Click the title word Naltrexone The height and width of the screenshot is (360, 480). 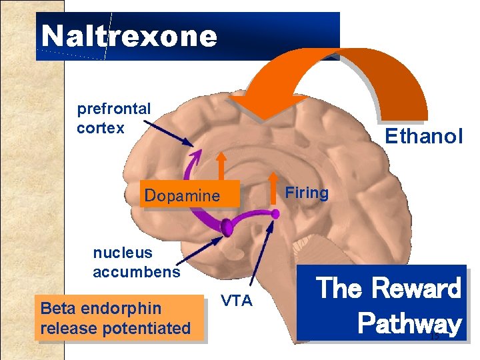tap(129, 36)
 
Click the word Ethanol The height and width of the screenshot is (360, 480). tap(423, 137)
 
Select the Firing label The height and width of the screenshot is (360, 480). tap(307, 193)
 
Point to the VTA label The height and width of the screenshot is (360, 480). tap(237, 301)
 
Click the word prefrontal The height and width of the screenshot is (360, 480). tap(114, 108)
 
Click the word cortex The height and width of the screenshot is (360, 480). tap(101, 127)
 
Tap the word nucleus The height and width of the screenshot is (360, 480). tap(123, 253)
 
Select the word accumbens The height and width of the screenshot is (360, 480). tap(136, 271)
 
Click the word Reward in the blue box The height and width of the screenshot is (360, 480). tap(415, 288)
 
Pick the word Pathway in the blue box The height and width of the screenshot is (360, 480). tap(409, 323)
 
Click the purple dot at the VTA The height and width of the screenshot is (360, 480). tap(275, 213)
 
